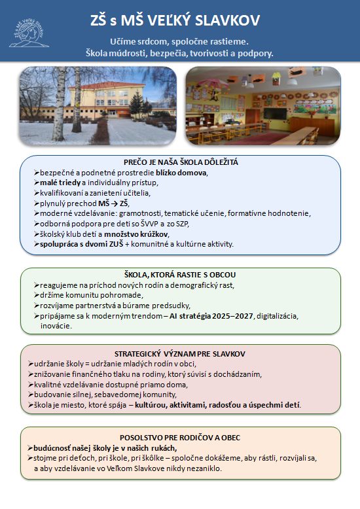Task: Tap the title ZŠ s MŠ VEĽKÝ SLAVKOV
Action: pos(180,21)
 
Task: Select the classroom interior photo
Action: pos(263,105)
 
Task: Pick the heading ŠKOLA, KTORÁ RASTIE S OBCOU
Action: pos(180,274)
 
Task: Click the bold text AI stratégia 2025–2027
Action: pos(207,315)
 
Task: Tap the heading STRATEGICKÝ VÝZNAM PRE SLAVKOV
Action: pos(180,353)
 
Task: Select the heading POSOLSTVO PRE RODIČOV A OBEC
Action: pos(180,436)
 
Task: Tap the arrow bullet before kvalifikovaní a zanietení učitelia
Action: pos(36,193)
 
